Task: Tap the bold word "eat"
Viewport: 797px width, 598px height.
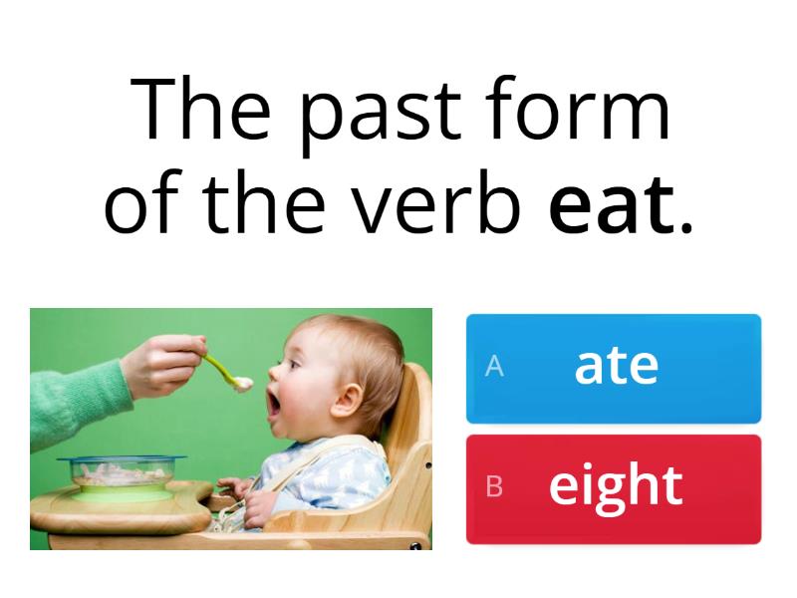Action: click(611, 204)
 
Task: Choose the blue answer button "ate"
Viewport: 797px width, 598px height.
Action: click(614, 368)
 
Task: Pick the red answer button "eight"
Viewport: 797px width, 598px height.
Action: click(614, 487)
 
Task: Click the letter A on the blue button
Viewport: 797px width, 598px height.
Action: click(494, 368)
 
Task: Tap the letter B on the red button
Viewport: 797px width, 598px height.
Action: click(494, 487)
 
